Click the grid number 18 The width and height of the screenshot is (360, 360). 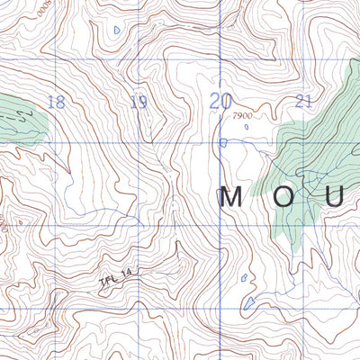tap(56, 102)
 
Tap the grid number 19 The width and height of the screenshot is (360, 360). tap(138, 102)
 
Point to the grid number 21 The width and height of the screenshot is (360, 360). tap(303, 101)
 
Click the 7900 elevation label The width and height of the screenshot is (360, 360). tap(241, 116)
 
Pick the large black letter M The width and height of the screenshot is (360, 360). tap(232, 197)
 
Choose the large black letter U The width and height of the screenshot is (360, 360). tap(336, 197)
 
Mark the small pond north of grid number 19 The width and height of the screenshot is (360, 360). tap(117, 30)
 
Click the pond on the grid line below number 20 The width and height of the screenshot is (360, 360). tap(223, 142)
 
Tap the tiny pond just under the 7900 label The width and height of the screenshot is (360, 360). tap(246, 127)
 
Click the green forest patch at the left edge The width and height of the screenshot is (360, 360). tap(18, 117)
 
